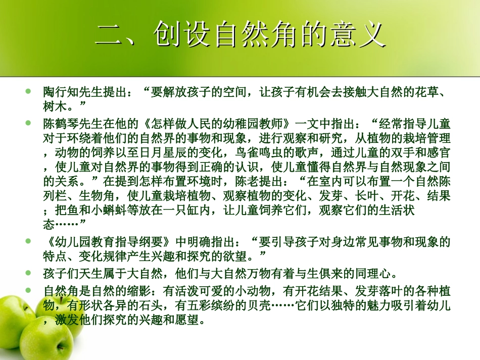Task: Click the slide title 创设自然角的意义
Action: [x=241, y=34]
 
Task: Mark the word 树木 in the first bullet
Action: [x=56, y=105]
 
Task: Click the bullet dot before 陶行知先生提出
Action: [x=28, y=92]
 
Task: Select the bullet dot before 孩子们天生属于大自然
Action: [x=28, y=275]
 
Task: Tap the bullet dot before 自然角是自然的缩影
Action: [x=28, y=291]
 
